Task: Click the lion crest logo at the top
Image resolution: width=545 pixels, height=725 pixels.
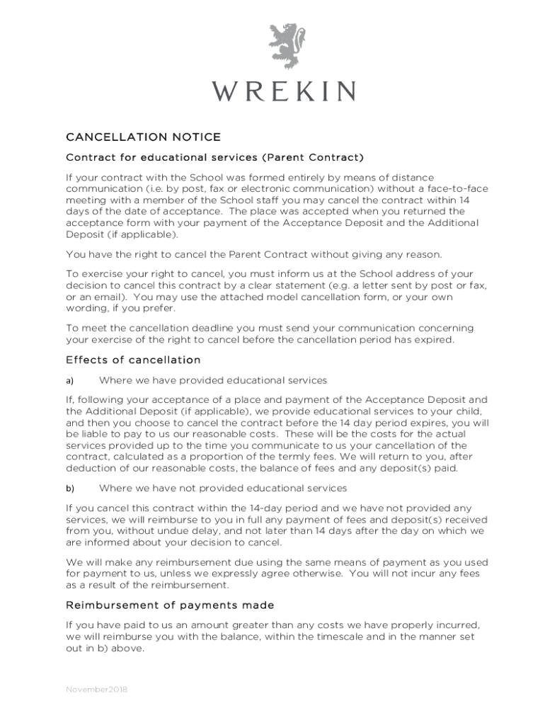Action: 287,46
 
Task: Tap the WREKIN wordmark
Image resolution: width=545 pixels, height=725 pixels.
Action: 286,91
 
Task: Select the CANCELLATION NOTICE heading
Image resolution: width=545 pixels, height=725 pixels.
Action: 143,137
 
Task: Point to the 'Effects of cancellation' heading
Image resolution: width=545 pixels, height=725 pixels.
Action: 133,360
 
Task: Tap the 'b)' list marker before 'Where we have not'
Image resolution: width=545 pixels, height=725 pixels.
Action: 70,488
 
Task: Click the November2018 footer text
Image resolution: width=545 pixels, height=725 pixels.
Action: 96,689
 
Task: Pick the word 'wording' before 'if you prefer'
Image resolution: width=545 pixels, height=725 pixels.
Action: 86,308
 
